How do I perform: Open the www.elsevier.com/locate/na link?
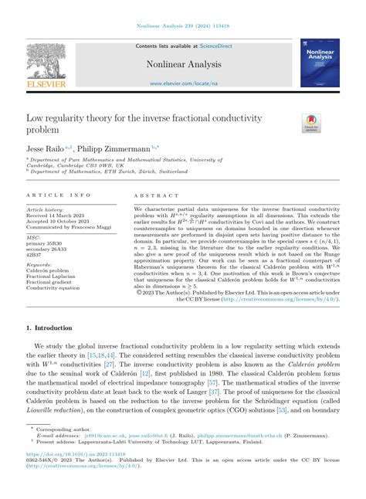pyautogui.click(x=182, y=83)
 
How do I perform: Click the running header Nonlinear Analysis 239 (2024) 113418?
pyautogui.click(x=182, y=27)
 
